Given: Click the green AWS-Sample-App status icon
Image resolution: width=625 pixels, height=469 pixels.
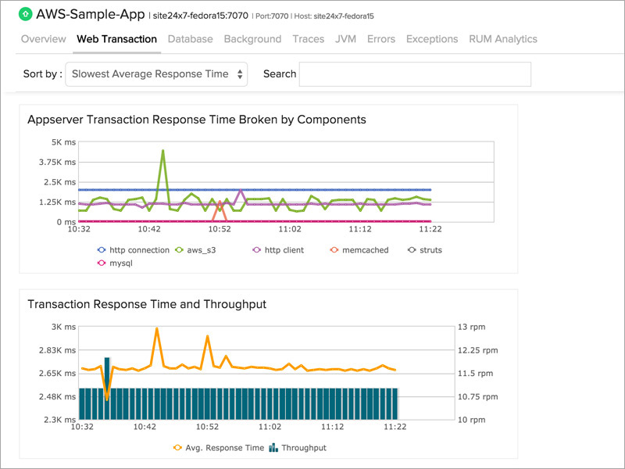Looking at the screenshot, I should click(x=24, y=14).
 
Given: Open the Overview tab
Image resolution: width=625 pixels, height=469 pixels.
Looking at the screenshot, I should click(x=43, y=39).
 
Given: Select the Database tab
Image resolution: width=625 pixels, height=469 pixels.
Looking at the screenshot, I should click(x=190, y=39).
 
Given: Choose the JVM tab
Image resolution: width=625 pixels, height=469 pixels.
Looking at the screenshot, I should click(x=345, y=39).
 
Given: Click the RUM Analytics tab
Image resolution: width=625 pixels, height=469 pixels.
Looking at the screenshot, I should click(x=502, y=39).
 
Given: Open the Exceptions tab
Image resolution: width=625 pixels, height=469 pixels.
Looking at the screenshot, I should click(x=431, y=39).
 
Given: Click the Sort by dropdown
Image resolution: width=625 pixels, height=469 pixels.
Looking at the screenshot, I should click(x=156, y=74).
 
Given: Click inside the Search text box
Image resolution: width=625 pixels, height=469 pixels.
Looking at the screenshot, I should click(x=415, y=74).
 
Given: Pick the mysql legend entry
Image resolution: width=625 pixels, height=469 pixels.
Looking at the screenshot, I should click(x=117, y=263).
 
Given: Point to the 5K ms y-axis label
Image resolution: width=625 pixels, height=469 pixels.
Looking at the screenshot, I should click(x=62, y=142).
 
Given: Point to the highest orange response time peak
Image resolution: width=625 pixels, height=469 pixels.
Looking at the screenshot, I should click(x=157, y=329).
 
